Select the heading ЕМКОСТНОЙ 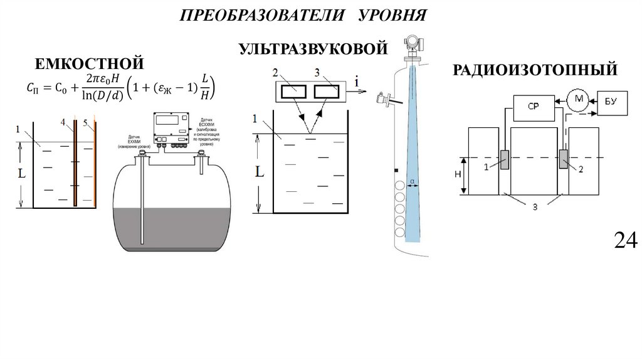[x=90, y=64]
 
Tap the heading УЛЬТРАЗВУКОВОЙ [x=310, y=48]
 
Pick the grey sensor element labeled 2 [x=563, y=159]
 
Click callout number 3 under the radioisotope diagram [x=535, y=206]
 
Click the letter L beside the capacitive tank [x=21, y=174]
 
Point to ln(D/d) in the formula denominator [x=102, y=95]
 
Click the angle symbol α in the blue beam [x=413, y=183]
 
